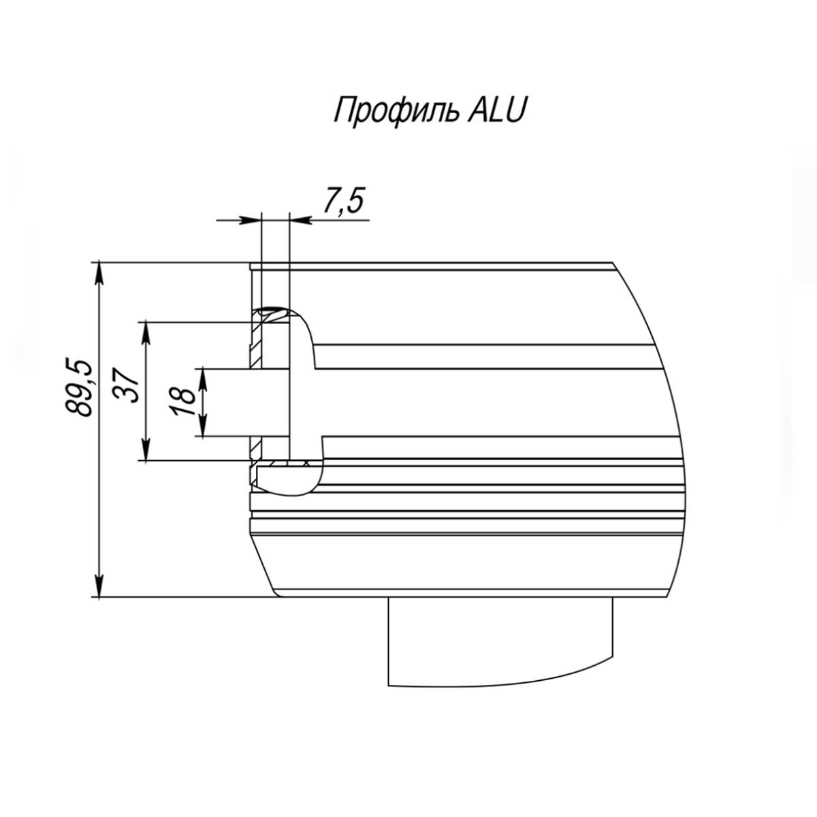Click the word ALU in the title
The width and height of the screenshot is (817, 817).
tap(496, 110)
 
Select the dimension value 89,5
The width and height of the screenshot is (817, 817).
tap(78, 387)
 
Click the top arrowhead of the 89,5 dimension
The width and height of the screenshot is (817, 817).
tap(98, 274)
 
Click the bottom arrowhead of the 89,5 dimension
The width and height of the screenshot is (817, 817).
tap(98, 586)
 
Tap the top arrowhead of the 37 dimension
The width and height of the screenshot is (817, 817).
tap(146, 333)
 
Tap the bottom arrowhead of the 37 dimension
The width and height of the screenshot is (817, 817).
tap(146, 449)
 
